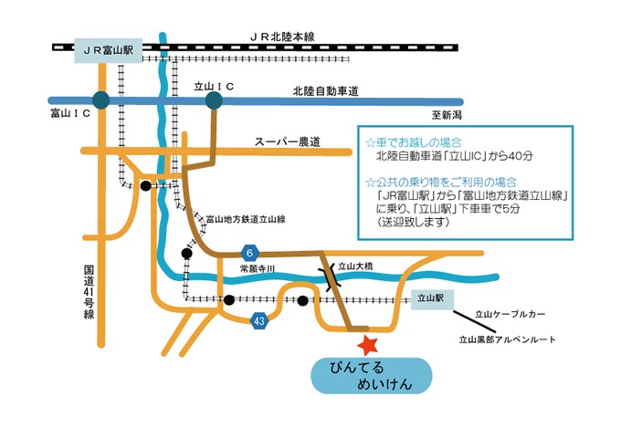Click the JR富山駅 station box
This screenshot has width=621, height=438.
106,51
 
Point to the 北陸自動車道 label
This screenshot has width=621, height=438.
325,91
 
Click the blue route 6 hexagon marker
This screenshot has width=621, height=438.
248,252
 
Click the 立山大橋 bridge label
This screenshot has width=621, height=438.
357,266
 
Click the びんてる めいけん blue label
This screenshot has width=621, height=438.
368,376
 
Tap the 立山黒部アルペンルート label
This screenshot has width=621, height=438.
507,339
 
